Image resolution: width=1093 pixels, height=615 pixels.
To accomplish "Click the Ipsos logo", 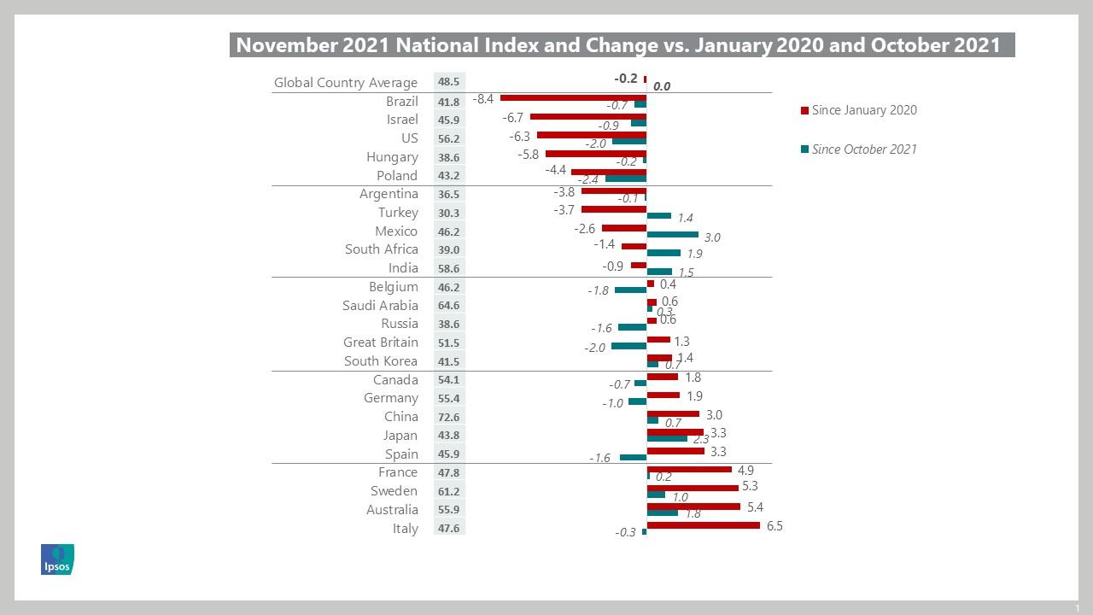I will pyautogui.click(x=57, y=559).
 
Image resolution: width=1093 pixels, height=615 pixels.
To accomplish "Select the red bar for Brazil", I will pyautogui.click(x=573, y=98).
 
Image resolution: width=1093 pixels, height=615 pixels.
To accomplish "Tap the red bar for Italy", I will pyautogui.click(x=703, y=525).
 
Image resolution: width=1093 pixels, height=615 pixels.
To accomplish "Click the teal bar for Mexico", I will pyautogui.click(x=672, y=234).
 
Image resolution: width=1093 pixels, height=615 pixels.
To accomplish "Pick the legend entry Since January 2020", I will pyautogui.click(x=863, y=110).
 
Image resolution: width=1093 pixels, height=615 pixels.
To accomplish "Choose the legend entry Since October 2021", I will pyautogui.click(x=863, y=149).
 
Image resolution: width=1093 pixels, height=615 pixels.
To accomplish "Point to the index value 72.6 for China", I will pyautogui.click(x=449, y=418).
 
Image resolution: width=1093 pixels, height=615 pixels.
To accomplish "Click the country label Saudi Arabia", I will pyautogui.click(x=380, y=306).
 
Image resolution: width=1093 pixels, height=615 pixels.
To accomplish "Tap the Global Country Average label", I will pyautogui.click(x=345, y=83).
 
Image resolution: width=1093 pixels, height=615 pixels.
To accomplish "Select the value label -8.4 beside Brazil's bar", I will pyautogui.click(x=483, y=99).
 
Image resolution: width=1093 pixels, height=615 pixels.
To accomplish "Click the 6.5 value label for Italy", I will pyautogui.click(x=774, y=526).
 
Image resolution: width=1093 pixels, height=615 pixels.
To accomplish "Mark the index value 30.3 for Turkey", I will pyautogui.click(x=449, y=214).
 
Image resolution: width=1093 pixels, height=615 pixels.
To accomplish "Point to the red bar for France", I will pyautogui.click(x=689, y=469).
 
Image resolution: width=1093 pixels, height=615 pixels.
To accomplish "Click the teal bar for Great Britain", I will pyautogui.click(x=628, y=346).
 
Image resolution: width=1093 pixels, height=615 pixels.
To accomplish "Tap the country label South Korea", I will pyautogui.click(x=381, y=361).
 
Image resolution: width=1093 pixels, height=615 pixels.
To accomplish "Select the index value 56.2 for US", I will pyautogui.click(x=449, y=139).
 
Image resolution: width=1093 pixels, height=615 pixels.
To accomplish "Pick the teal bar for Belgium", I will pyautogui.click(x=630, y=290).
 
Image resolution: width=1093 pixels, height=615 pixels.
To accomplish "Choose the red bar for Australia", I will pyautogui.click(x=693, y=507).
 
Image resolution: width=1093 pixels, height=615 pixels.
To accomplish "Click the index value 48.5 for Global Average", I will pyautogui.click(x=449, y=83).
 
